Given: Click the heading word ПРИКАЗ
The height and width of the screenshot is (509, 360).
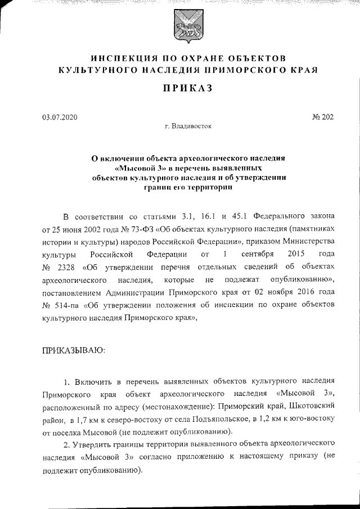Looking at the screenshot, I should point(179,89).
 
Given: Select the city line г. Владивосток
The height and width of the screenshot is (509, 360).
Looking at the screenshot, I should point(188,127).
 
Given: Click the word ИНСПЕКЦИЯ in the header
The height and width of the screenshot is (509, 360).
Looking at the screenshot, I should point(121,58).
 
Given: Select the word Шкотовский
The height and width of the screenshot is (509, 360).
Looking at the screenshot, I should point(312,405).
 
